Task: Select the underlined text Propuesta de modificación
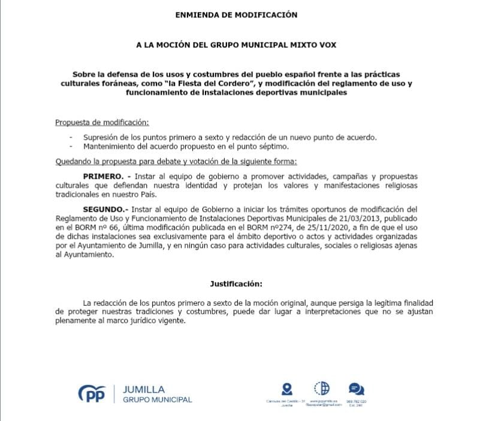(x=101, y=122)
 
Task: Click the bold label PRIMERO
(x=103, y=177)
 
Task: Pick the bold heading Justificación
(x=236, y=282)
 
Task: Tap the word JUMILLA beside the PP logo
(x=143, y=389)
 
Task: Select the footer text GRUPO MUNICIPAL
(x=157, y=400)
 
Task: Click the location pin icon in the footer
(x=286, y=389)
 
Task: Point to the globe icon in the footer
(x=321, y=388)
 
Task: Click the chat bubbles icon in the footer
(x=356, y=389)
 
